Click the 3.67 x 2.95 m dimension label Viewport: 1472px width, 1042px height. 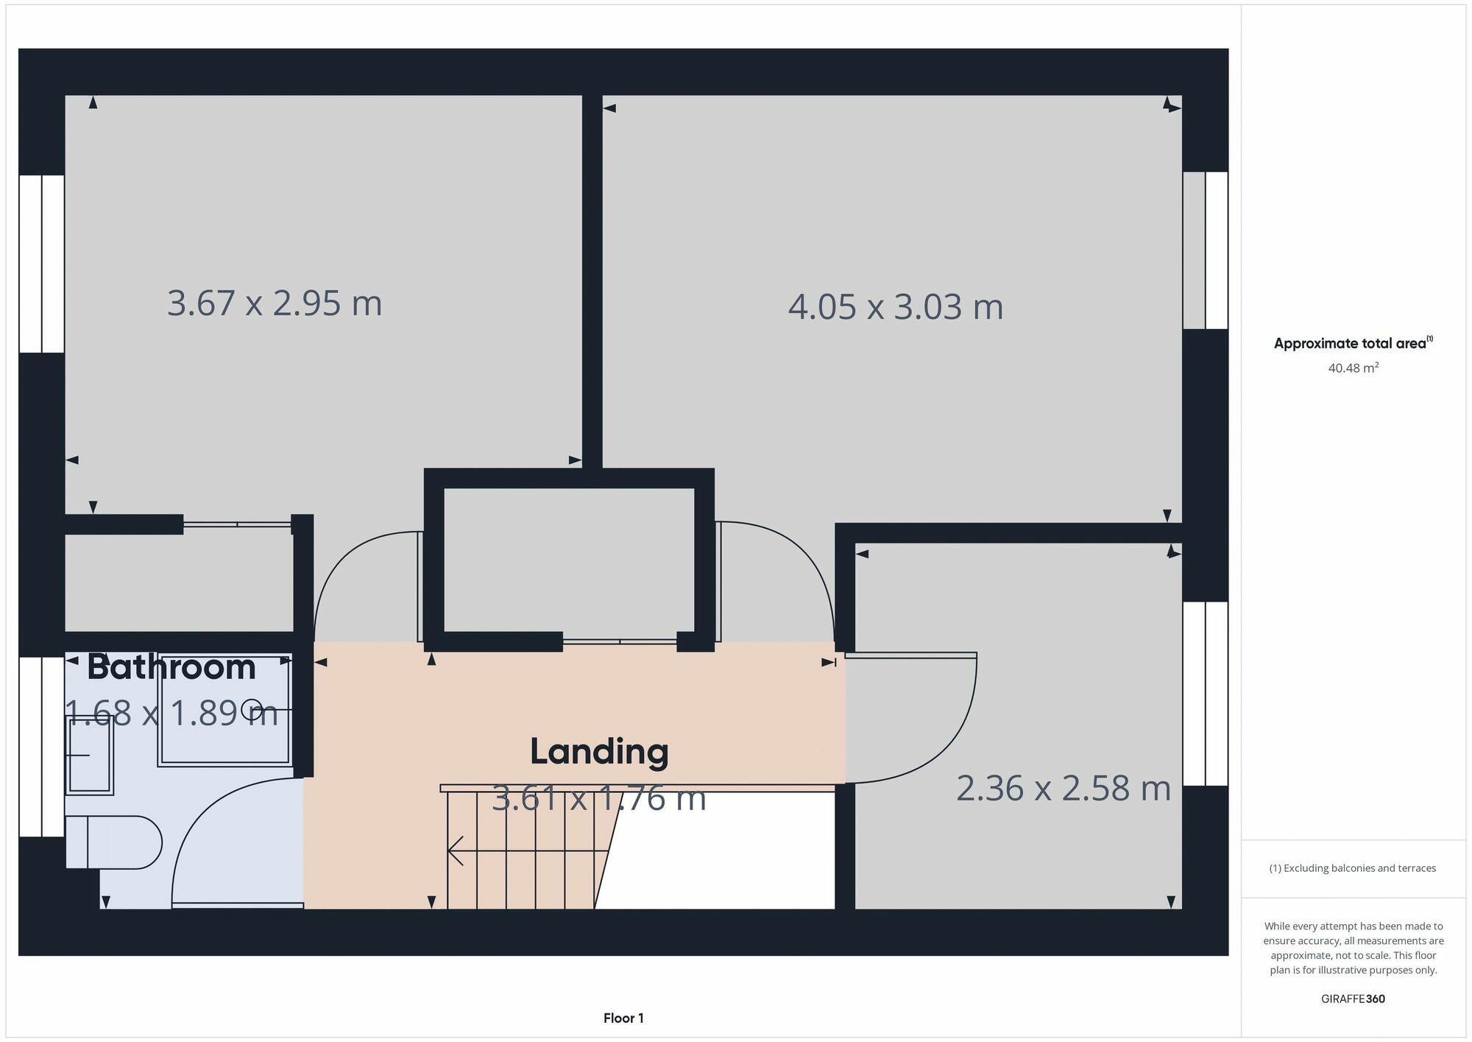[275, 303]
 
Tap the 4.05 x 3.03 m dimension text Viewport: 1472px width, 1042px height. [895, 306]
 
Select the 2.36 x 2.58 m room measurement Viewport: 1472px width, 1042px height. [1063, 788]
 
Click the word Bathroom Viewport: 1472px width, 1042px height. [171, 667]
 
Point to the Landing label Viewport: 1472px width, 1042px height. [599, 752]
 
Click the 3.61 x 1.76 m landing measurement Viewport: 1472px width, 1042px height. [598, 798]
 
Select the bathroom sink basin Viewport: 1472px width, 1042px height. [89, 756]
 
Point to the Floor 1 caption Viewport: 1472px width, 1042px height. [623, 1018]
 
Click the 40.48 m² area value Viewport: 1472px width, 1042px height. [1353, 367]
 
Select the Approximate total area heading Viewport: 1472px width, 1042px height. [1353, 343]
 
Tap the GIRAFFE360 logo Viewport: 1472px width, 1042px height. [1353, 999]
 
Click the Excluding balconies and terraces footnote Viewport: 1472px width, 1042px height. [1353, 868]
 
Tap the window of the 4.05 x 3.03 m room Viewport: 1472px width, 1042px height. [1206, 250]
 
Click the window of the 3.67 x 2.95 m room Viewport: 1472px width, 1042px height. [42, 264]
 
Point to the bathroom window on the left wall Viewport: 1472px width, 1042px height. [42, 747]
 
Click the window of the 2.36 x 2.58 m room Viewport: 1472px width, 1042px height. [1206, 694]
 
